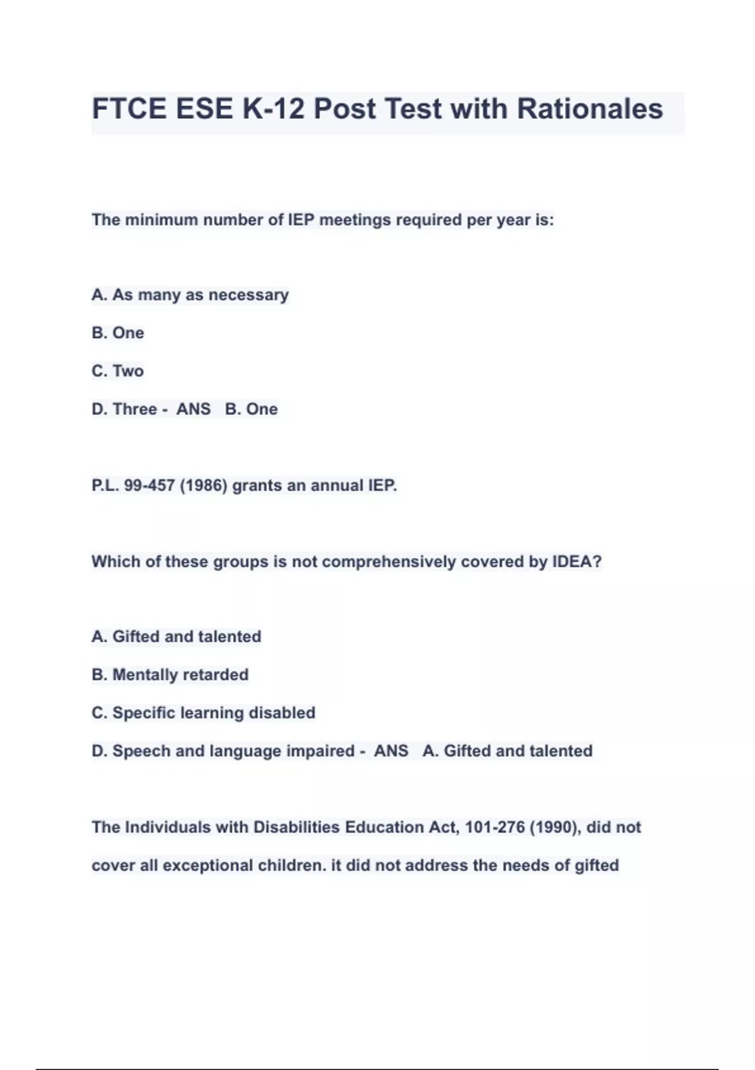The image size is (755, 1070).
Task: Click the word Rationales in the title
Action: (x=590, y=109)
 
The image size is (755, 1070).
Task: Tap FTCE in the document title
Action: (x=130, y=109)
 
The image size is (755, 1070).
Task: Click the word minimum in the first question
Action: (x=162, y=220)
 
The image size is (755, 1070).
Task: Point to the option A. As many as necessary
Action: (x=190, y=295)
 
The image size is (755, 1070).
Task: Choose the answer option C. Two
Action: (x=118, y=371)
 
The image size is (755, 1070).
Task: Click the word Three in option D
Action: (x=135, y=409)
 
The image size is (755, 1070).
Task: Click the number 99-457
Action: (x=149, y=486)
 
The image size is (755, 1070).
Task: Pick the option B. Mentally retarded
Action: (x=170, y=675)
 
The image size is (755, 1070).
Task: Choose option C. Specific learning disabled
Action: (x=203, y=712)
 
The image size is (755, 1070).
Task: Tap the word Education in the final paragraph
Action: (x=384, y=827)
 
